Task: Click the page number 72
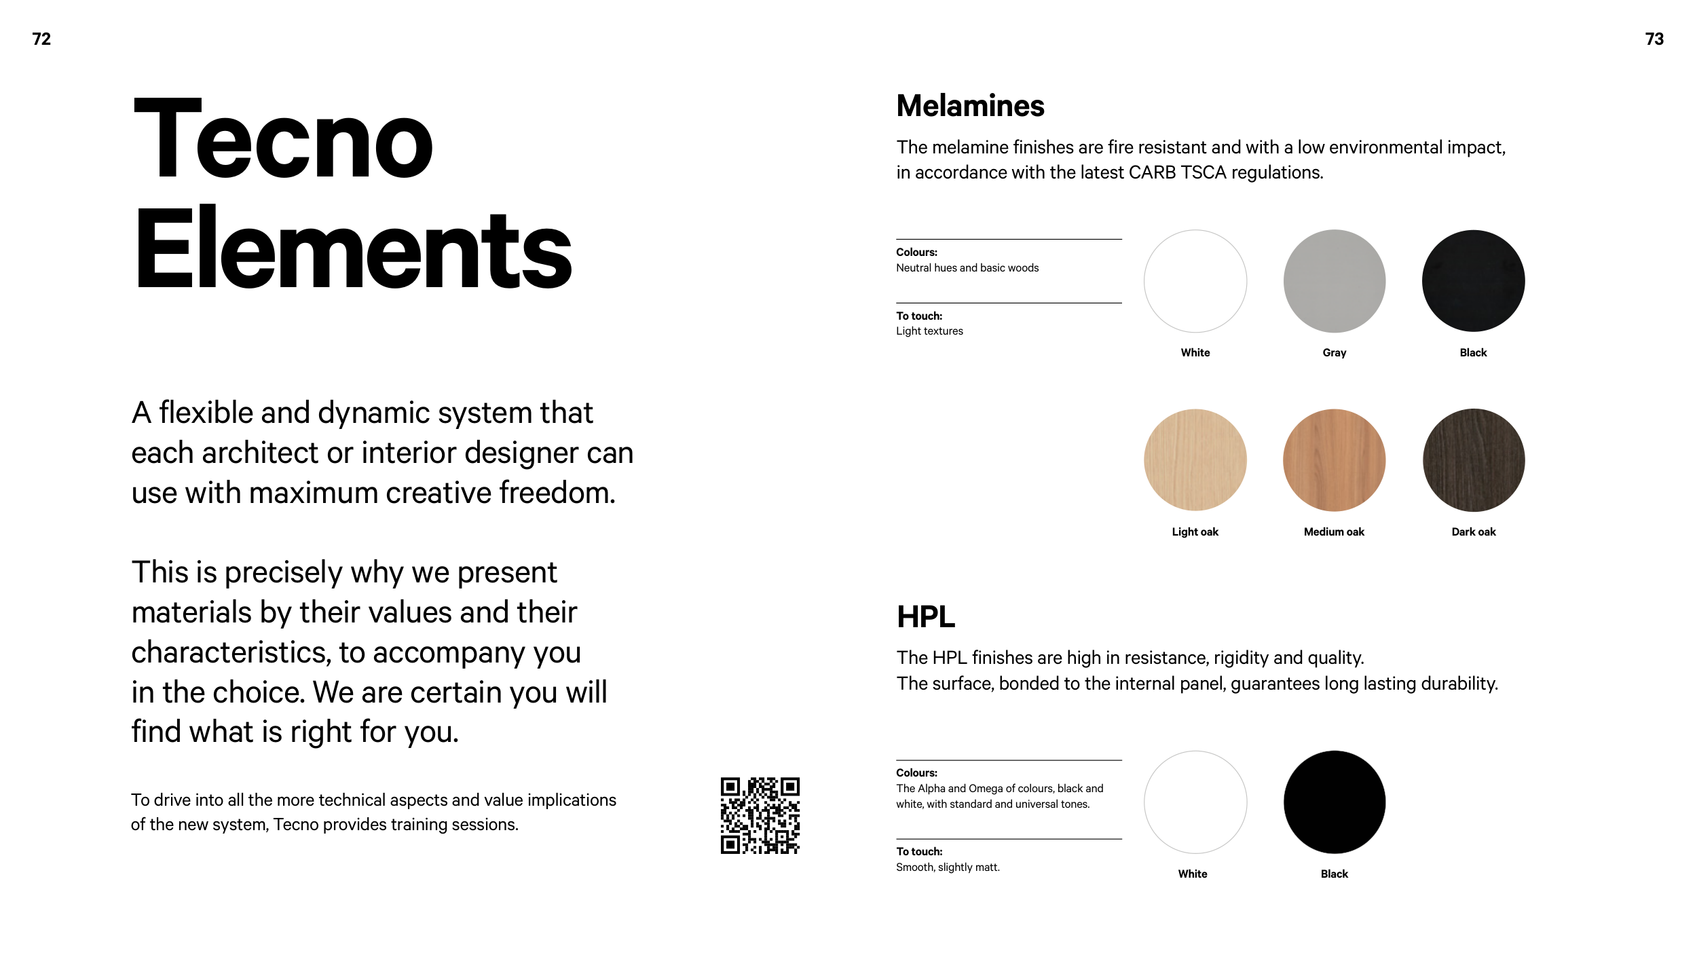pos(41,39)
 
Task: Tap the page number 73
pos(1654,39)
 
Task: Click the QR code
pos(760,815)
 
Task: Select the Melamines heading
pos(970,106)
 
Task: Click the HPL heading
pos(925,616)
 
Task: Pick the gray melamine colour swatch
pos(1334,281)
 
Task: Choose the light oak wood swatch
pos(1195,460)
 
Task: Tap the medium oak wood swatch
pos(1334,460)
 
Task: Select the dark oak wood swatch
pos(1473,460)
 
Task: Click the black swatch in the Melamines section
pos(1473,281)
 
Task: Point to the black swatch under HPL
pos(1334,802)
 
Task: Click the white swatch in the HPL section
pos(1195,802)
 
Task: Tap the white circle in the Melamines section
pos(1195,281)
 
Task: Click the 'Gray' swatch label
pos(1334,352)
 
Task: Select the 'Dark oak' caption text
pos(1473,531)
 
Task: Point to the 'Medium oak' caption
pos(1334,531)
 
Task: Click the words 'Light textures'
pos(929,331)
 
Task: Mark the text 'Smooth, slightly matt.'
pos(948,867)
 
